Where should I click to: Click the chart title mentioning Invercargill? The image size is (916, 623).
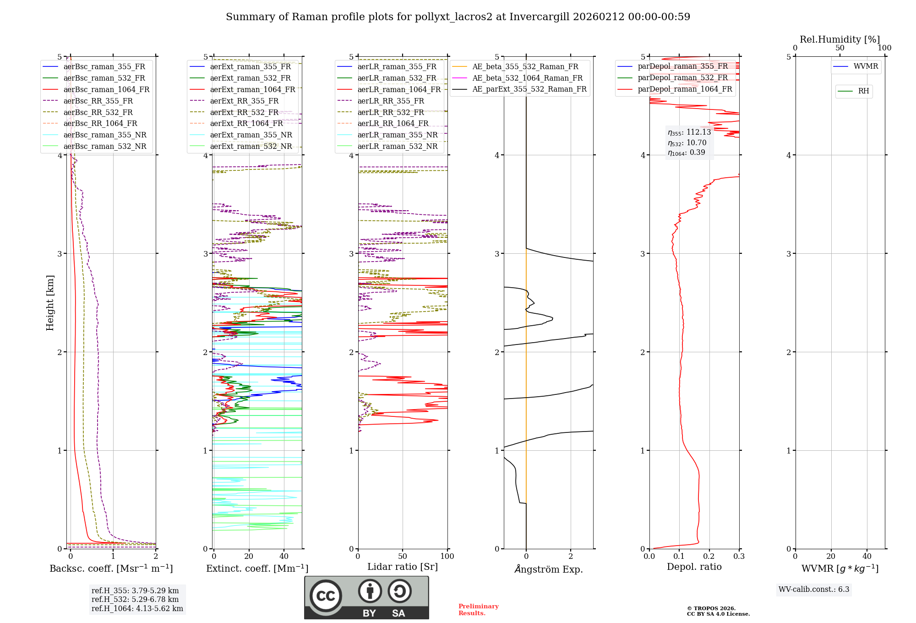tap(458, 17)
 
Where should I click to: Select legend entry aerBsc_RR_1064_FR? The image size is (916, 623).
tap(100, 124)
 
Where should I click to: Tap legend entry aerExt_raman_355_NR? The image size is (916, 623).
tap(251, 135)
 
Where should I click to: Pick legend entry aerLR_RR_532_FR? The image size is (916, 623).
tap(391, 112)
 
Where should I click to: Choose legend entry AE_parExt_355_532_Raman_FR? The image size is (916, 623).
tap(529, 89)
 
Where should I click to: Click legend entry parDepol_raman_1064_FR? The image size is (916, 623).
tap(685, 89)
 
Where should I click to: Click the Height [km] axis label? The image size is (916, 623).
tap(50, 303)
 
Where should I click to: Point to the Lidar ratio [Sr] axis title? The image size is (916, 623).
tap(403, 567)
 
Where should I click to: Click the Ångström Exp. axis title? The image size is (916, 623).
tap(549, 569)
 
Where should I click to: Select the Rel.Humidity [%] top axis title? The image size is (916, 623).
tap(840, 39)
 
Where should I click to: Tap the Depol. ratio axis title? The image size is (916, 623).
tap(694, 567)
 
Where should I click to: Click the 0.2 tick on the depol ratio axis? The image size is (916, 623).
tap(709, 557)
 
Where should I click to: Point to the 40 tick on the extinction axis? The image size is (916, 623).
tap(284, 557)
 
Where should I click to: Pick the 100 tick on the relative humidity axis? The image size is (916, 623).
tap(884, 48)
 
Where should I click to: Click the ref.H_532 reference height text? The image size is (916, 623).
tap(135, 600)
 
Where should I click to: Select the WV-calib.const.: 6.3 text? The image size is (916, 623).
tap(814, 590)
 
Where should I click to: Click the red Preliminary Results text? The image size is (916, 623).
tap(478, 610)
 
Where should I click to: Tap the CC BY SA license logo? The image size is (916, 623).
tap(366, 598)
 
